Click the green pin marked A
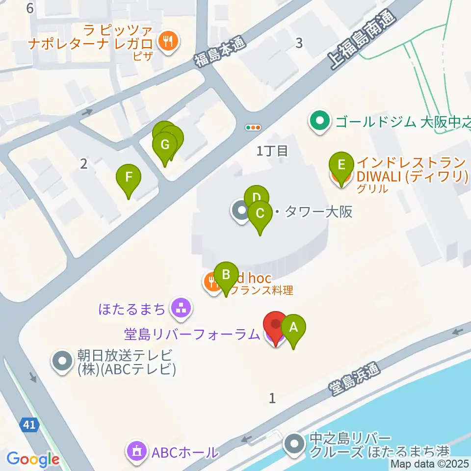(293, 327)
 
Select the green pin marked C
(260, 214)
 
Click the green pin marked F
(129, 177)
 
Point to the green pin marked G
(165, 146)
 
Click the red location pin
(275, 324)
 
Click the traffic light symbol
(254, 128)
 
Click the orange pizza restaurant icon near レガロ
(169, 40)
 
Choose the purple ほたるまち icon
(181, 308)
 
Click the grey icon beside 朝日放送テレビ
(62, 362)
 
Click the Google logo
(32, 460)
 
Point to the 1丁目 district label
(272, 151)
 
